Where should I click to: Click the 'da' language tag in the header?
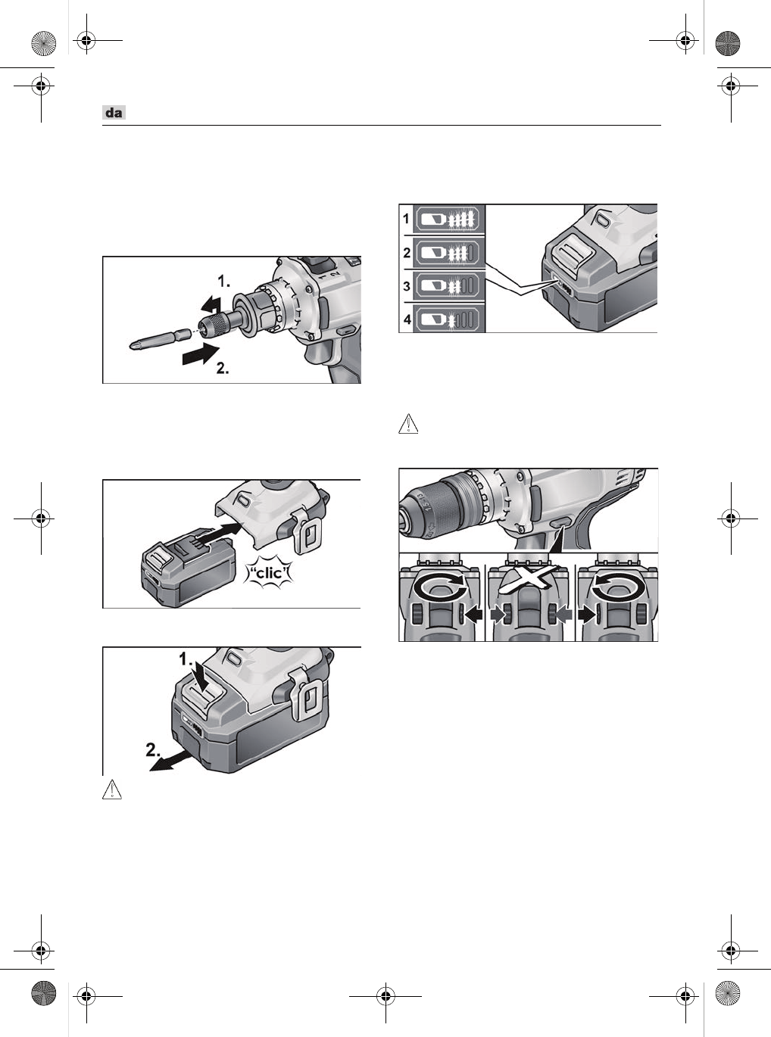114,113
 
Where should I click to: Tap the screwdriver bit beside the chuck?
160,339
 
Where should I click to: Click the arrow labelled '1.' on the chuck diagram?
211,305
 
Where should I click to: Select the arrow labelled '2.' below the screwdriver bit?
200,354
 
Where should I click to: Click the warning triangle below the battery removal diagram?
112,789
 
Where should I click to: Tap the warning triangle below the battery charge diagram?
408,424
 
